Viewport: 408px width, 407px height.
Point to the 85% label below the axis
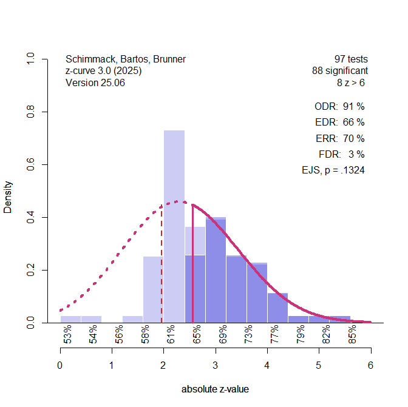click(353, 335)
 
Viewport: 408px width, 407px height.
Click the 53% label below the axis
click(68, 335)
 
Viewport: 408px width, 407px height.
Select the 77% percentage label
click(275, 335)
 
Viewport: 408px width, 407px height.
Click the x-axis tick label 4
click(267, 365)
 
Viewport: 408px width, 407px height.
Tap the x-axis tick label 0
click(59, 365)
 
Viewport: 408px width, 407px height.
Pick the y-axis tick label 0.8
click(30, 112)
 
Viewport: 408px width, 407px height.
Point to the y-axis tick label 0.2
click(30, 270)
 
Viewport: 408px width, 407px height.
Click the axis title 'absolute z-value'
click(215, 389)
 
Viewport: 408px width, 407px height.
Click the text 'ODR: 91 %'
click(339, 106)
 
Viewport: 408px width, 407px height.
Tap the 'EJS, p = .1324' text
click(333, 170)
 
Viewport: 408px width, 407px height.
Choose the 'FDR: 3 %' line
click(341, 154)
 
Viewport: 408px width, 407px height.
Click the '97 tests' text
click(351, 59)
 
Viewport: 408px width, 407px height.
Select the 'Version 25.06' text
click(95, 83)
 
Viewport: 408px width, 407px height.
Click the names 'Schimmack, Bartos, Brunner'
click(126, 59)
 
